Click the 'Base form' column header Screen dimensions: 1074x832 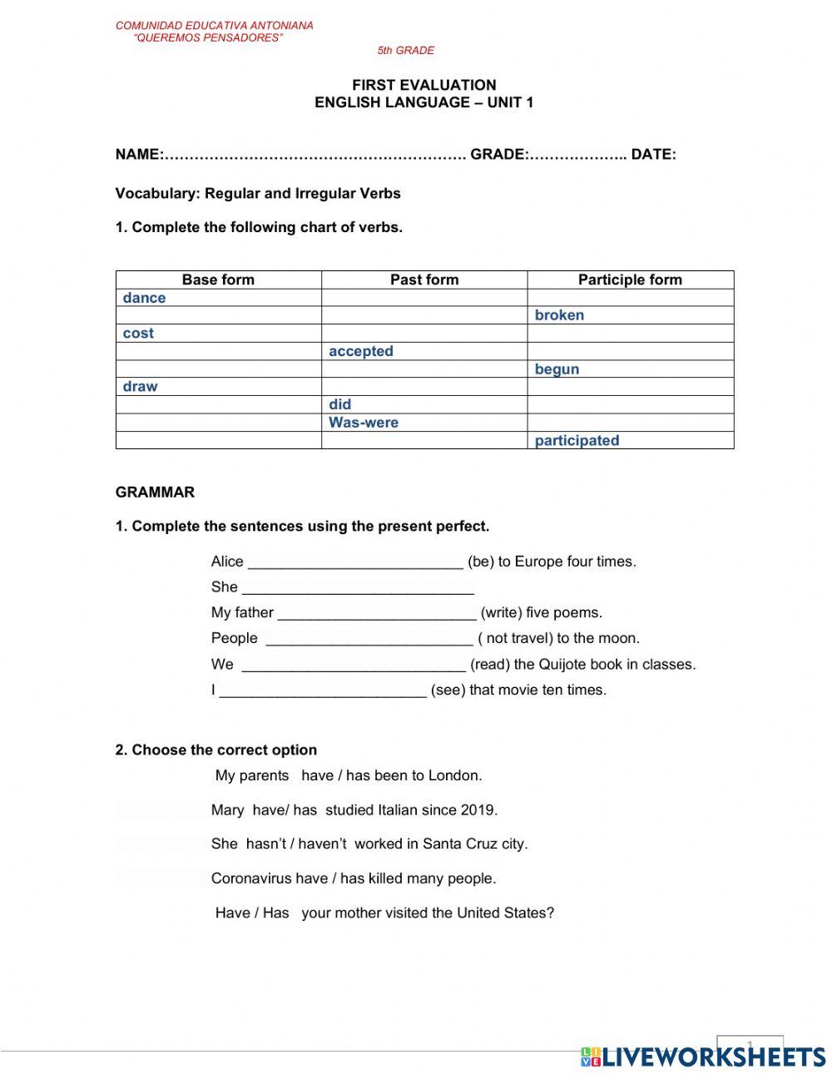click(218, 280)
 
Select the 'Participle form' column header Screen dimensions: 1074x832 click(630, 280)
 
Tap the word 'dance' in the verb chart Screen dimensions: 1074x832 click(144, 298)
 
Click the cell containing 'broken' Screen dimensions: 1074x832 click(559, 315)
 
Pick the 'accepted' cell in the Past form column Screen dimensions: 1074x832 click(360, 351)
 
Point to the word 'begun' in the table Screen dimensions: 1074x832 click(557, 369)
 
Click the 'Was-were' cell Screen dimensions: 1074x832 click(363, 423)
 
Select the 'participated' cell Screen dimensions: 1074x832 click(577, 441)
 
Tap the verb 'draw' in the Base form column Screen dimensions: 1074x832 click(140, 387)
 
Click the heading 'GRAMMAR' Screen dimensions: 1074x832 click(155, 492)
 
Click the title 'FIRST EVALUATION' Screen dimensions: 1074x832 click(423, 85)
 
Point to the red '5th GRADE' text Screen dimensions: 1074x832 click(405, 51)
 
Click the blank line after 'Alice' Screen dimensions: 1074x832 click(355, 562)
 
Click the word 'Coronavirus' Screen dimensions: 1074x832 click(250, 879)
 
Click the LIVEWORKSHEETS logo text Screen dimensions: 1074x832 click(712, 1057)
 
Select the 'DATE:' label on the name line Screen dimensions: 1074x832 click(653, 155)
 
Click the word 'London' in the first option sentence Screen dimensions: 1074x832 click(453, 776)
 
